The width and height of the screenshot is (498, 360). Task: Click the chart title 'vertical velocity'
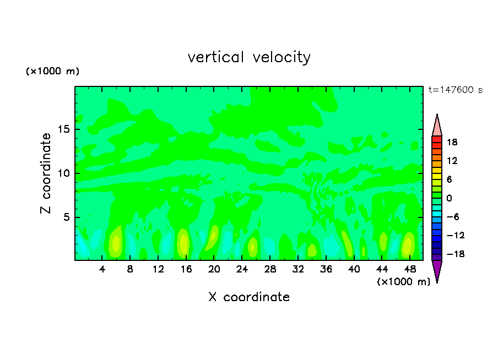tap(249, 57)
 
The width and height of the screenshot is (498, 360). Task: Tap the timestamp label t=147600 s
tap(456, 90)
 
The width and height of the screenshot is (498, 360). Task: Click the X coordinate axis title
tap(249, 297)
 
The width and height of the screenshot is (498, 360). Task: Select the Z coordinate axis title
tap(46, 173)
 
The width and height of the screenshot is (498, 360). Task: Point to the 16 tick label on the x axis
tap(186, 269)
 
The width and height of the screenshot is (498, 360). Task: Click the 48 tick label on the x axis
tap(410, 269)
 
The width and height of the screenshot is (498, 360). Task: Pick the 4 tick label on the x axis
tap(102, 269)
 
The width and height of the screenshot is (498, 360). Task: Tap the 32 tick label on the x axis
tap(298, 269)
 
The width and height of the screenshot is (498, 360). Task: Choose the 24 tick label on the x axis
tap(242, 269)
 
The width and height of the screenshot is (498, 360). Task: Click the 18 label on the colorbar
tap(452, 142)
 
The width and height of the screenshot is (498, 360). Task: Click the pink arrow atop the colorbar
tap(437, 126)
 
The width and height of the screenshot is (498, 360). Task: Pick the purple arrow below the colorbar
tap(437, 271)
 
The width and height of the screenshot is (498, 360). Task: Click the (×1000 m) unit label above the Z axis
tap(52, 72)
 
